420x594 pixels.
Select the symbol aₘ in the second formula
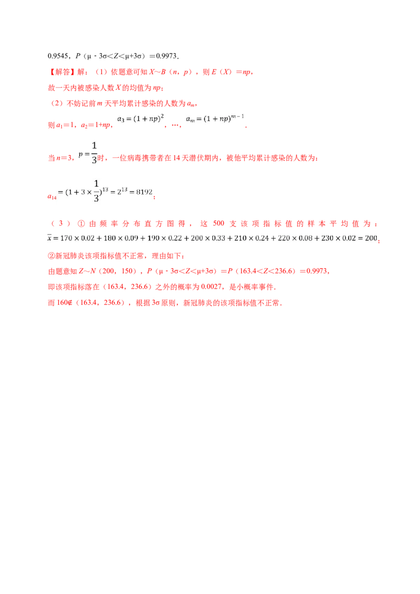(191, 120)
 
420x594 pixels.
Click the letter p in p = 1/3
(80, 154)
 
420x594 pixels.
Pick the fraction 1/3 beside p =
(94, 153)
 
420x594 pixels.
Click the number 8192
(143, 192)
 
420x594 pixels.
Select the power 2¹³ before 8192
(122, 191)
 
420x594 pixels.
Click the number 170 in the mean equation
(68, 238)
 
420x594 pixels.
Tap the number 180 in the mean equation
(112, 238)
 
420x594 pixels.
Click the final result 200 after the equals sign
(371, 238)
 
